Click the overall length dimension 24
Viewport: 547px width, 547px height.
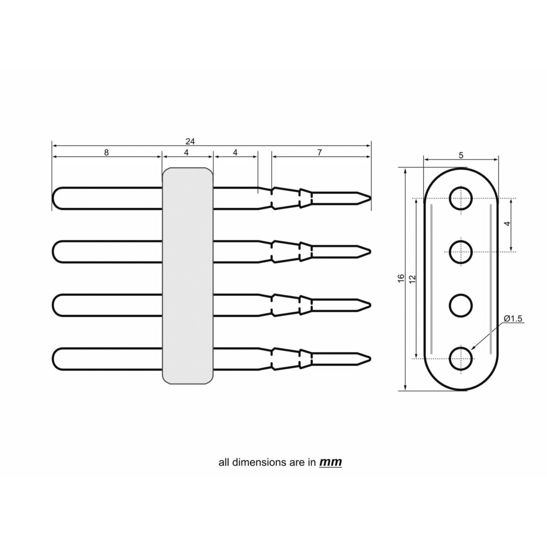click(x=190, y=141)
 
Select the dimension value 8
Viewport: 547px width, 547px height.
click(x=106, y=152)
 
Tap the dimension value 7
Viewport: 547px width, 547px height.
click(x=320, y=152)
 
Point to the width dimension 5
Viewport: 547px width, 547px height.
click(x=461, y=155)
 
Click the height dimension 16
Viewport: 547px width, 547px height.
click(x=401, y=278)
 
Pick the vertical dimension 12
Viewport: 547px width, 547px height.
click(x=413, y=279)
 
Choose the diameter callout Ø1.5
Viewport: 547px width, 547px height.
click(x=513, y=318)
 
